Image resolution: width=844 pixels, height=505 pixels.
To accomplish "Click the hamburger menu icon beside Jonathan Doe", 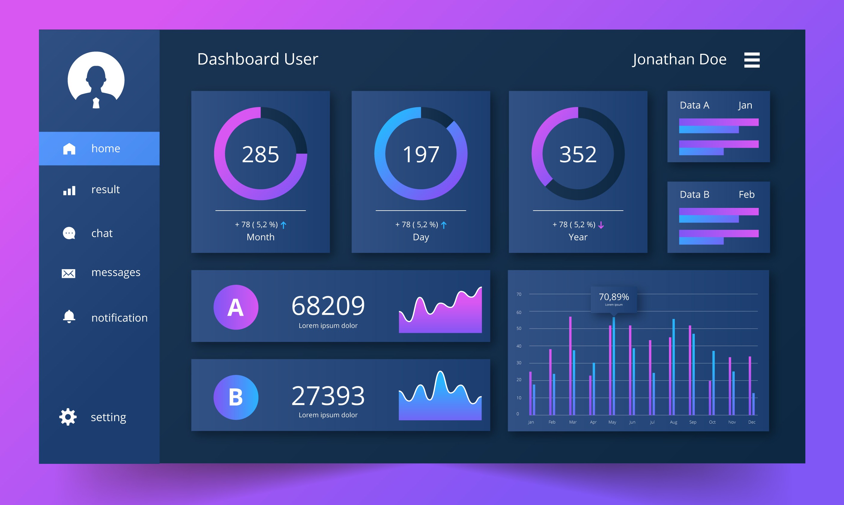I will point(752,60).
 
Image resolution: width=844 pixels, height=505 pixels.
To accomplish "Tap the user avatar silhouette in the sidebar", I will point(96,80).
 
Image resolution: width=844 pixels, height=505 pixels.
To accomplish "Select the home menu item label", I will point(106,148).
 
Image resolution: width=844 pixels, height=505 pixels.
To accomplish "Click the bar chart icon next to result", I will point(69,190).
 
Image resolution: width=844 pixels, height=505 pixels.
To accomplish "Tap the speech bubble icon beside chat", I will point(69,233).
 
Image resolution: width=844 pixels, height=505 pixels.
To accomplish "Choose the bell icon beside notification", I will point(69,316).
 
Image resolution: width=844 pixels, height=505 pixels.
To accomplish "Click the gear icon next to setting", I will point(68,417).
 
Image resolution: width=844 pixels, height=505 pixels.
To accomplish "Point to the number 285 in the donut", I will point(261,154).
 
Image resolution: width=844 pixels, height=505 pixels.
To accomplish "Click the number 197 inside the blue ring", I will point(421,154).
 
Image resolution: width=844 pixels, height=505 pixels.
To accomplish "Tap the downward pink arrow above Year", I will point(601,225).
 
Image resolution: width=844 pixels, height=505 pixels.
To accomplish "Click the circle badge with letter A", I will point(236,307).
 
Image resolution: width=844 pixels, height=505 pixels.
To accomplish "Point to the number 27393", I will point(328,396).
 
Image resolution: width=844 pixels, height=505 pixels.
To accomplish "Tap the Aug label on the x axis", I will point(673,422).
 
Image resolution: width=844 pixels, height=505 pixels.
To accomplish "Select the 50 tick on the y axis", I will point(519,328).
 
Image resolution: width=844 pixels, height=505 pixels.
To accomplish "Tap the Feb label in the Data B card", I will point(746,194).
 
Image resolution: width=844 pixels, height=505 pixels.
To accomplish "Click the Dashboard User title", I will point(257,59).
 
